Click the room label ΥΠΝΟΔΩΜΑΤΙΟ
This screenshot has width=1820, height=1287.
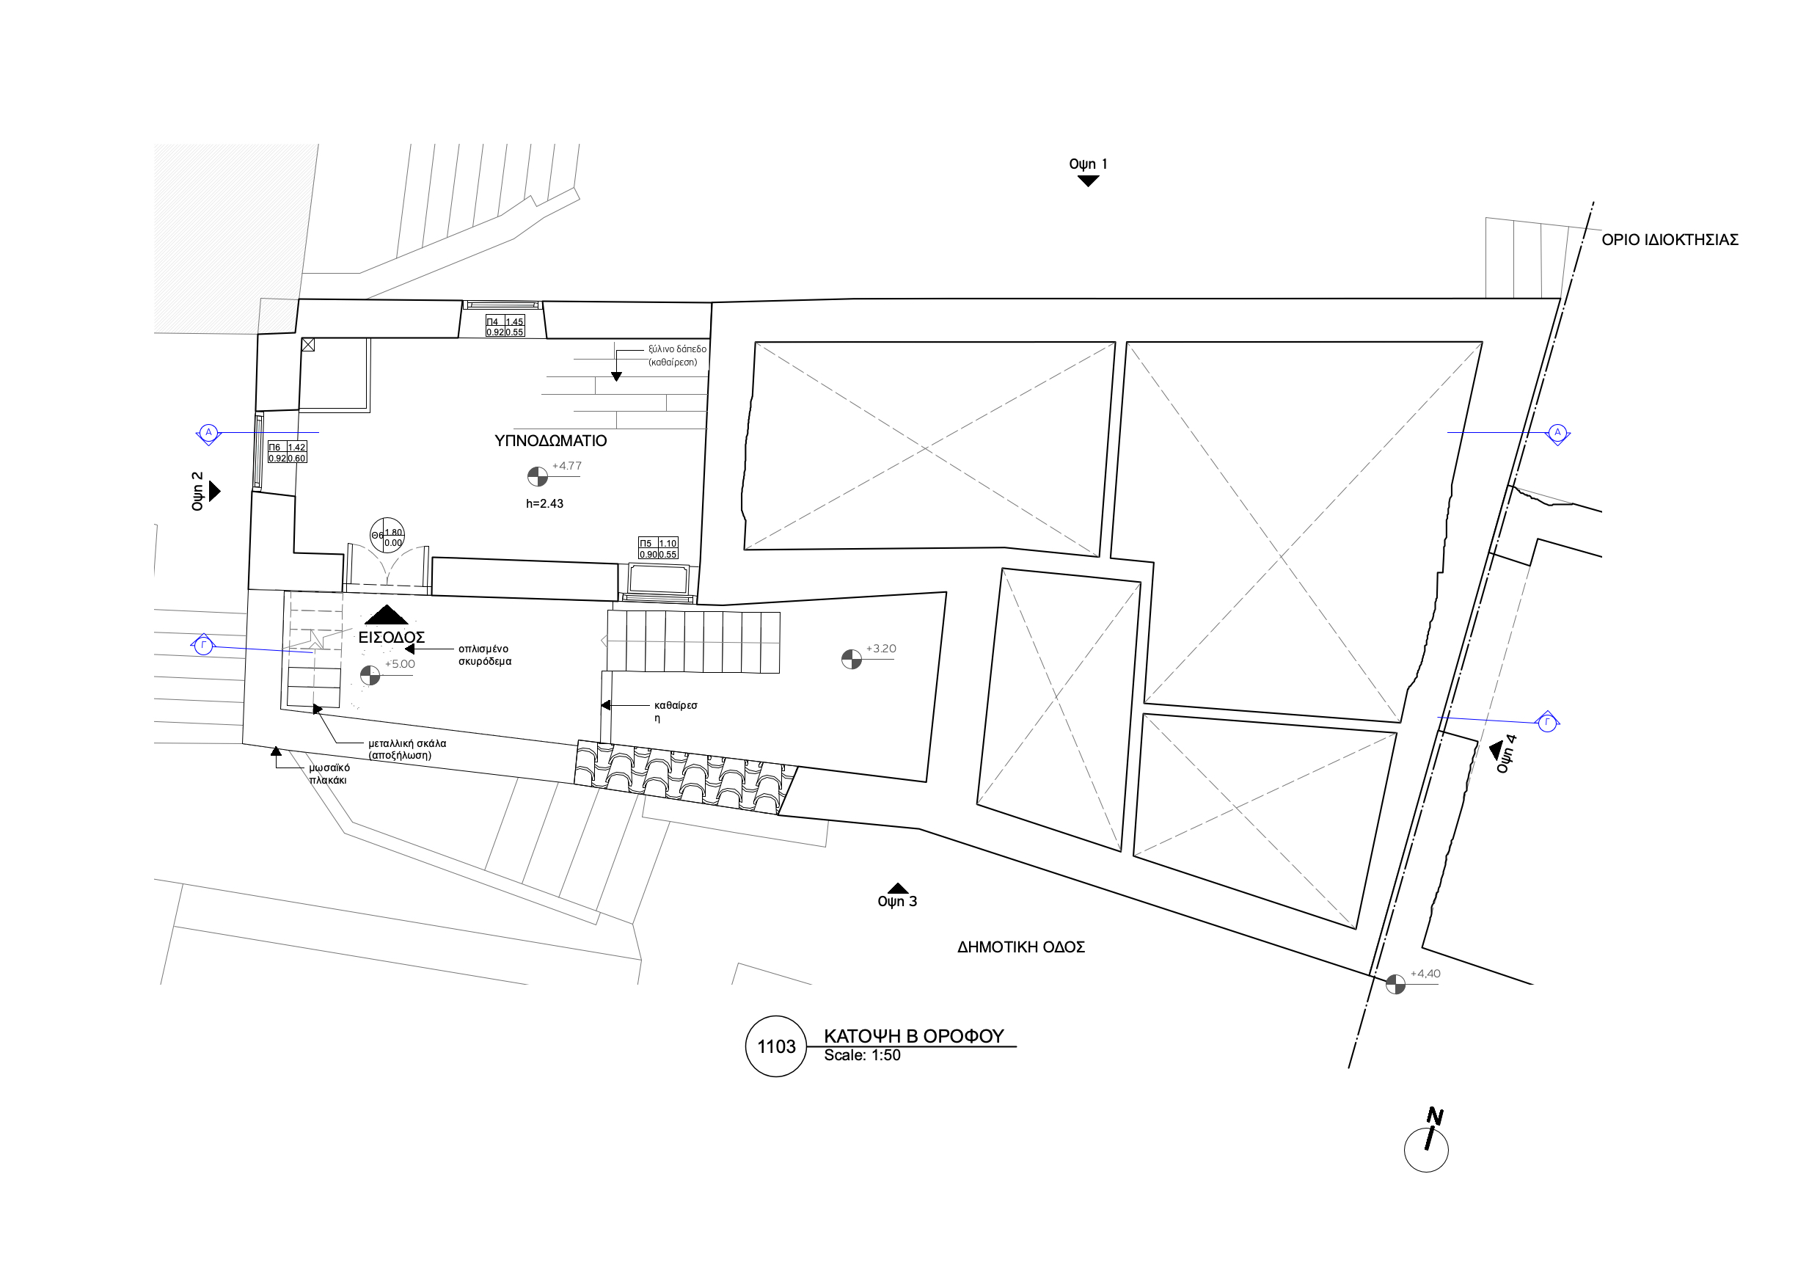point(550,441)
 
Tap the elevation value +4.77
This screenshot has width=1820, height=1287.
point(567,465)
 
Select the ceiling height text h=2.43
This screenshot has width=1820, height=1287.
point(544,503)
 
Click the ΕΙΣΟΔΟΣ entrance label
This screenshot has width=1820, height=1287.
point(392,638)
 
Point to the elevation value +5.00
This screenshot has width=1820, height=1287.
point(400,665)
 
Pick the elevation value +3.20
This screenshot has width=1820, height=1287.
point(881,649)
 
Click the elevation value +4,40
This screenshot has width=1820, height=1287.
point(1425,974)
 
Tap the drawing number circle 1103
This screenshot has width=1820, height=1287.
point(776,1047)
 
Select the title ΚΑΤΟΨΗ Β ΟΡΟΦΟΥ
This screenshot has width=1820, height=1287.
point(913,1035)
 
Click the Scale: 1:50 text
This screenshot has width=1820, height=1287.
point(862,1055)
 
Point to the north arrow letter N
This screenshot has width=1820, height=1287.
point(1434,1118)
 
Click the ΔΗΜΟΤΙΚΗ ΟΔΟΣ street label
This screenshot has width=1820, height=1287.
point(1021,947)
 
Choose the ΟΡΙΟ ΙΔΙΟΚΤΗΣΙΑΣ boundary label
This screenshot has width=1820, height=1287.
point(1670,239)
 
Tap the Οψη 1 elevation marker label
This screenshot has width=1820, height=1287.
point(1088,164)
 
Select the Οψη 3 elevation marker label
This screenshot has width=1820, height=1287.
point(897,902)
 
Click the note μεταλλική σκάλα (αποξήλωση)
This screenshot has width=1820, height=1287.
point(406,749)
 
